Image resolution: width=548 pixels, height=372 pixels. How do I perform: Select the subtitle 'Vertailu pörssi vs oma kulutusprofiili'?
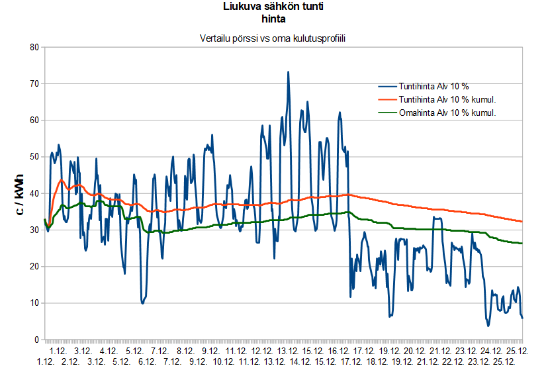pos(273,38)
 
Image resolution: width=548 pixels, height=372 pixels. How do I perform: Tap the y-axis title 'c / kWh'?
pos(19,194)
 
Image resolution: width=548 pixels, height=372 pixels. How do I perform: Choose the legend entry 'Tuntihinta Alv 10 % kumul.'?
pos(448,99)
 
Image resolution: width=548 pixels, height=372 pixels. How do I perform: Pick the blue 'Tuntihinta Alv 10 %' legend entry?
pos(438,86)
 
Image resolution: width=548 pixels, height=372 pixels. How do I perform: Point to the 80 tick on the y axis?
pos(33,47)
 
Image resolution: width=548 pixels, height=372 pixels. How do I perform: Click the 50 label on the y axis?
pos(33,157)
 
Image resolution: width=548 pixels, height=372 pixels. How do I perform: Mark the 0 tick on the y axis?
pos(36,340)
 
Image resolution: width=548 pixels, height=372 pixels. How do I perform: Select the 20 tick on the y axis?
pos(33,267)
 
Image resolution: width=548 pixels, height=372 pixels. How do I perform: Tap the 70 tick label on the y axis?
pos(33,83)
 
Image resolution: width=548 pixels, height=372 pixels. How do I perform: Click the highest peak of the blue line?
pos(288,72)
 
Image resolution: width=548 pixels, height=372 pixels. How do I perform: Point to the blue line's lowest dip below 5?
pos(488,325)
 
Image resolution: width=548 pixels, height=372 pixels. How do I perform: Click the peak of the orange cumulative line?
pos(62,180)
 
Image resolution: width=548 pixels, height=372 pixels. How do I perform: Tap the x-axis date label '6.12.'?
pos(146,362)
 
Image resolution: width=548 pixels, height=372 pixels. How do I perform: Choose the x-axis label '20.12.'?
pos(413,351)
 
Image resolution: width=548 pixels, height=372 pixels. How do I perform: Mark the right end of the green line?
pos(522,244)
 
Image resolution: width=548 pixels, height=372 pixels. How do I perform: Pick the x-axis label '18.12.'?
pos(375,362)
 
